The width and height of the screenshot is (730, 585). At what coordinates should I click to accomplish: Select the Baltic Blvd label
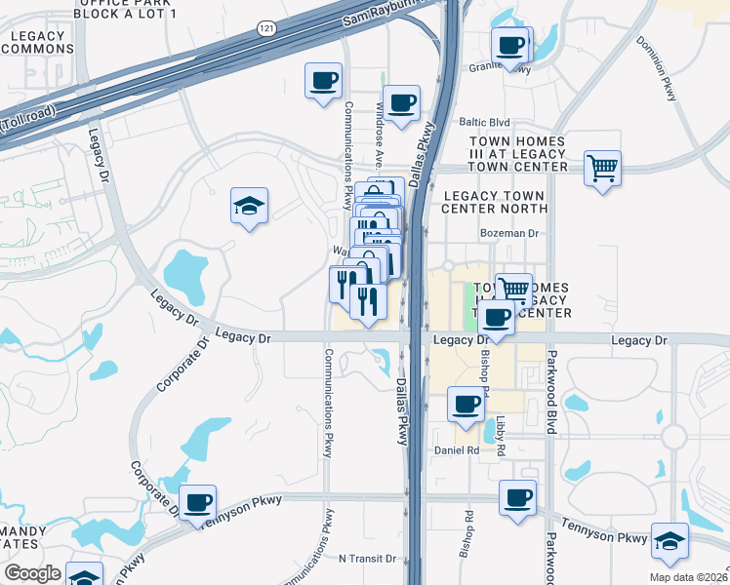point(485,123)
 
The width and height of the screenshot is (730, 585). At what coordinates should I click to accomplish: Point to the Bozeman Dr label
point(509,234)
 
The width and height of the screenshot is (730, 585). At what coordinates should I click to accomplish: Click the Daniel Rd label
point(457,450)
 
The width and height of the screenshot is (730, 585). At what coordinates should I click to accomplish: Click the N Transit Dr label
point(367,560)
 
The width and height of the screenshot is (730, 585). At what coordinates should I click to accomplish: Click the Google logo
point(32,573)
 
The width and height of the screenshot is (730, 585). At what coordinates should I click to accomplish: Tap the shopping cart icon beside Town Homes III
point(603,169)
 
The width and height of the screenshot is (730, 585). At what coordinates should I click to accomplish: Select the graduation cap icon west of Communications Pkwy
point(250,206)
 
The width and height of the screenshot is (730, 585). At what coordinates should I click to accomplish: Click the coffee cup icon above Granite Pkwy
point(511,44)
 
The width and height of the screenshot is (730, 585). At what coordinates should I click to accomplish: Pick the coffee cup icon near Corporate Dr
point(198,502)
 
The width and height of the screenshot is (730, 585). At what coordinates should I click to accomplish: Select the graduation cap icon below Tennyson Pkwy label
point(669,541)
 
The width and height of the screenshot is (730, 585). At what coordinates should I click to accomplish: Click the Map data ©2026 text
point(688,576)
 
